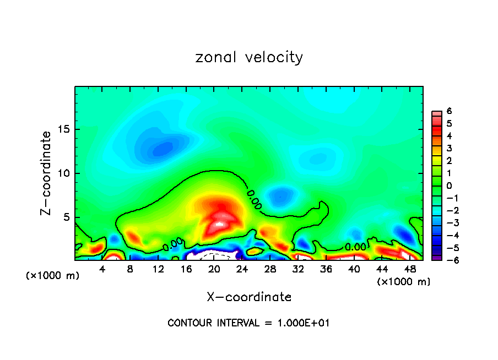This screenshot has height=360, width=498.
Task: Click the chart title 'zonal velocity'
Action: [249, 57]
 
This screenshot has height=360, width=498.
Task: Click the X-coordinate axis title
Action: [249, 297]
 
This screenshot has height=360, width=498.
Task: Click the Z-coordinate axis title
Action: [47, 173]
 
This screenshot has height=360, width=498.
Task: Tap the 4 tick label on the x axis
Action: [102, 269]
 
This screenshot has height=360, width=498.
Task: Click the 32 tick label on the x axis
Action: [298, 269]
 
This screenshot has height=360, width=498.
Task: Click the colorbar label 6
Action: [450, 111]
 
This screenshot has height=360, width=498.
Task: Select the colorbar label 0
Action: [450, 186]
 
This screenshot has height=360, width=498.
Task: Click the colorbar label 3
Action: [450, 149]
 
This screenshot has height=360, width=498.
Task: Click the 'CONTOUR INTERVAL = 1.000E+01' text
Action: [248, 323]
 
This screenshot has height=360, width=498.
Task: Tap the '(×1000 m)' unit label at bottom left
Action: [52, 276]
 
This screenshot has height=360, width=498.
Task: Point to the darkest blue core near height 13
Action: [163, 149]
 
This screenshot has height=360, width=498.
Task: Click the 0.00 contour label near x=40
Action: [355, 247]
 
